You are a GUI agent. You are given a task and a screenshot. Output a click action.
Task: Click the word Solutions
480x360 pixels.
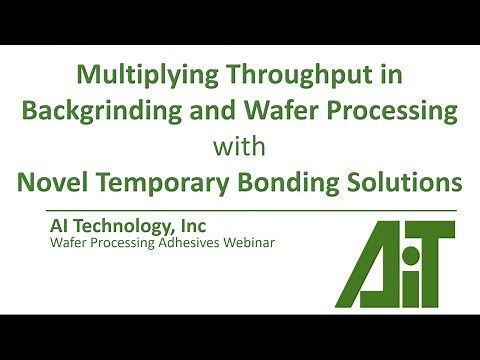(x=410, y=183)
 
